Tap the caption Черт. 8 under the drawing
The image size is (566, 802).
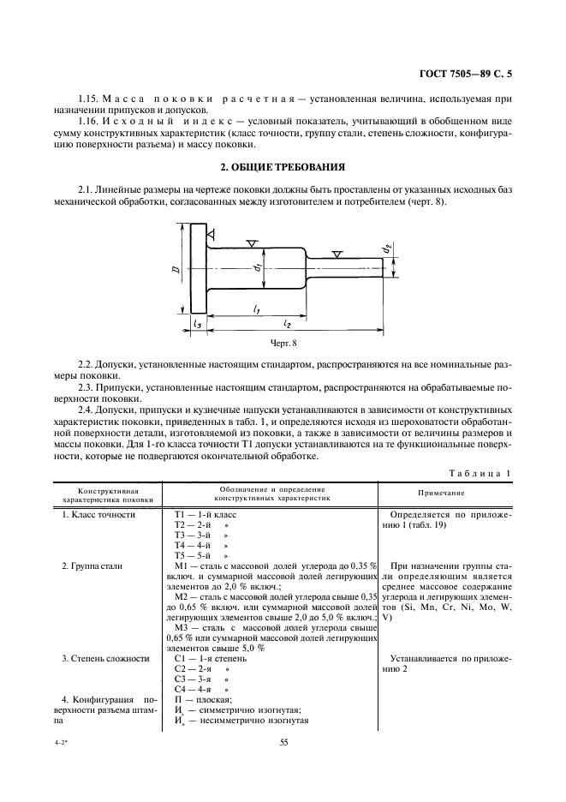click(x=282, y=342)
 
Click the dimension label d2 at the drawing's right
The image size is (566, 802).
click(x=386, y=249)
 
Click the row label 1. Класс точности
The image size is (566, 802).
click(x=99, y=514)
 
